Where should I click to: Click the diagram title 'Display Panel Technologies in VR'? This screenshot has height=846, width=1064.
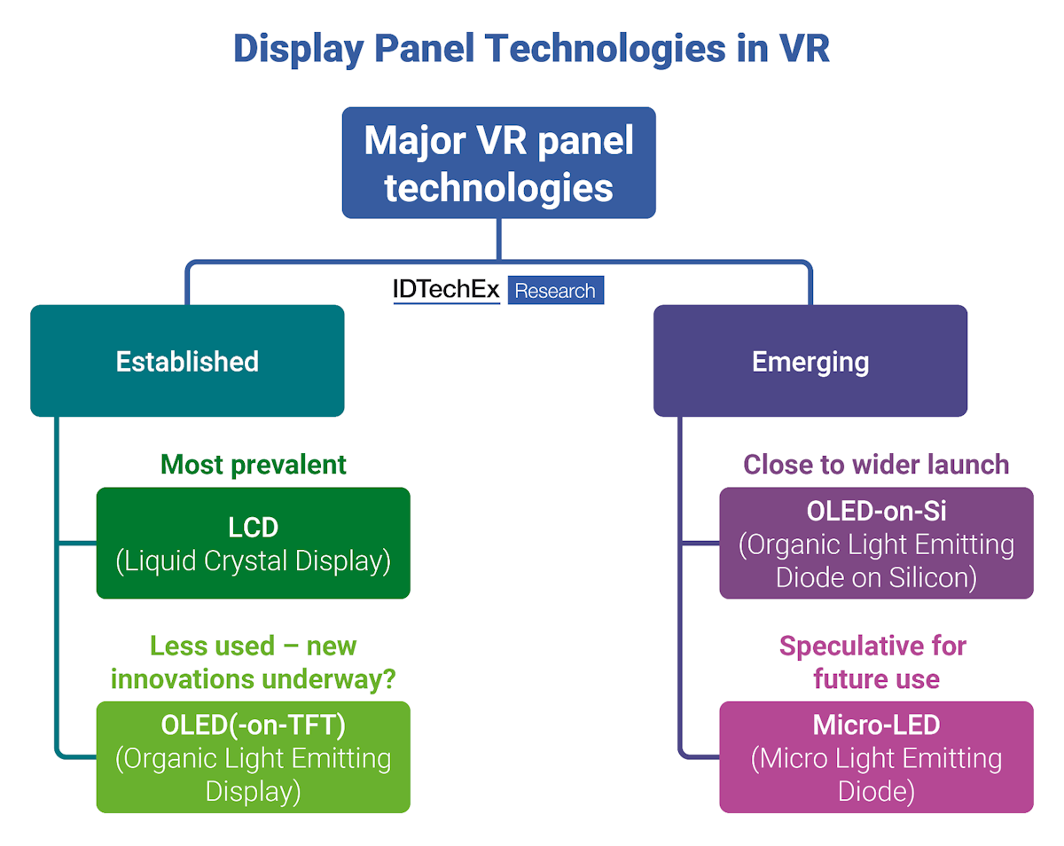pos(531,49)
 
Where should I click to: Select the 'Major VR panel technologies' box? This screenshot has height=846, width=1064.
pos(499,163)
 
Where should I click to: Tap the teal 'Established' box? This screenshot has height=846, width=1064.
pos(187,361)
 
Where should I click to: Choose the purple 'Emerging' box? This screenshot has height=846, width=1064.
pos(810,361)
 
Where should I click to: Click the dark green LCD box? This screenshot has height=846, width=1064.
pos(253,543)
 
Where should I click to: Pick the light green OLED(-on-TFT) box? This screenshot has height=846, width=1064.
pos(253,757)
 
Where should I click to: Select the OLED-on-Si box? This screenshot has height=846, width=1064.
pos(876,543)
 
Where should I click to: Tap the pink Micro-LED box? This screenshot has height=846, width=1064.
pos(876,757)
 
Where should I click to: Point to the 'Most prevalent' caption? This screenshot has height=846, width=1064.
pos(253,464)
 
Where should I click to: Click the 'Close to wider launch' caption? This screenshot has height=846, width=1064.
pos(876,464)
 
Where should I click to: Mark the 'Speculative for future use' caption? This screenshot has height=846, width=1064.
pos(876,662)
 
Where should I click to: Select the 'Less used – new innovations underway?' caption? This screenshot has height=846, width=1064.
pos(253,662)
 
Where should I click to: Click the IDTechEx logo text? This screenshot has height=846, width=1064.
pos(446,290)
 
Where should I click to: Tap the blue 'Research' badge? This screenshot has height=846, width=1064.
pos(556,291)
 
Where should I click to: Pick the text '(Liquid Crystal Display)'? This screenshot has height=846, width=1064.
pos(253,561)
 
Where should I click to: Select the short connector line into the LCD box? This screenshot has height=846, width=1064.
pos(77,543)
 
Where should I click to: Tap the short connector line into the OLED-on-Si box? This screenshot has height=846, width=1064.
pos(700,543)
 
